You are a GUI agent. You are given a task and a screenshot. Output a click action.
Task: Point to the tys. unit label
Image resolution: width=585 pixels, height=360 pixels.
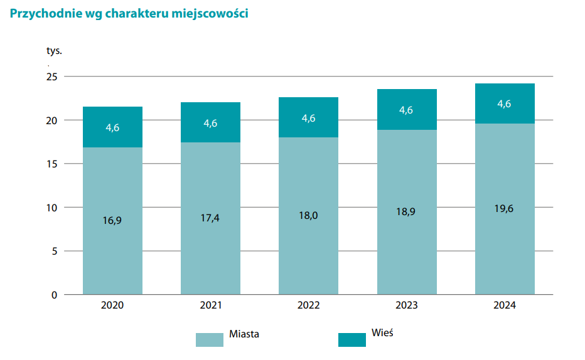55,51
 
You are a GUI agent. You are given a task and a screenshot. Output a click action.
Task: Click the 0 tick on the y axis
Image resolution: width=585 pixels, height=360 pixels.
55,295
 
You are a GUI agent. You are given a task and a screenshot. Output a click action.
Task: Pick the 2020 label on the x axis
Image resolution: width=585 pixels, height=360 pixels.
112,305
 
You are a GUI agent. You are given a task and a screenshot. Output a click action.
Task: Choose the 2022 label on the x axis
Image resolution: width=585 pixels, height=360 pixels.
308,305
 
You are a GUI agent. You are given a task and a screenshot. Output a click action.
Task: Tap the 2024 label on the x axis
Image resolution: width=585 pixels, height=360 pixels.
505,305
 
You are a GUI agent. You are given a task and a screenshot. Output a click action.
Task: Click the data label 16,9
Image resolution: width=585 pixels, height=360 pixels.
112,220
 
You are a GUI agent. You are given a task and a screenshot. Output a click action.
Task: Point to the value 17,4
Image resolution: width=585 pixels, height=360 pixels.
210,218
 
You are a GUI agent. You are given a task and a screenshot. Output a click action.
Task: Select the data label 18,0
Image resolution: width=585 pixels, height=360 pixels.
308,215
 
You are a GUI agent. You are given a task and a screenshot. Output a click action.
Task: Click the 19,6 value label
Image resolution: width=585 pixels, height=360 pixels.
505,208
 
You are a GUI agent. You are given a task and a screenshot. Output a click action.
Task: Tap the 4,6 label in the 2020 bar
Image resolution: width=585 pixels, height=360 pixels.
112,127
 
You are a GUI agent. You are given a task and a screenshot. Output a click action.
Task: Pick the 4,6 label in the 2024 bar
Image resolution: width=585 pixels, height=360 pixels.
505,104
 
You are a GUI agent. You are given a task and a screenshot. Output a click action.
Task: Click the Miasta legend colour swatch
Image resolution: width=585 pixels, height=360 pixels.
209,339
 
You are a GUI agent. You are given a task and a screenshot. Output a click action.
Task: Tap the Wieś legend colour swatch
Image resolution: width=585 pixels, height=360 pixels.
352,339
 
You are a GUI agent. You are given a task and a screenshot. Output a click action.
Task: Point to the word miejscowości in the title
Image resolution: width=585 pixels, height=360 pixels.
212,14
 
